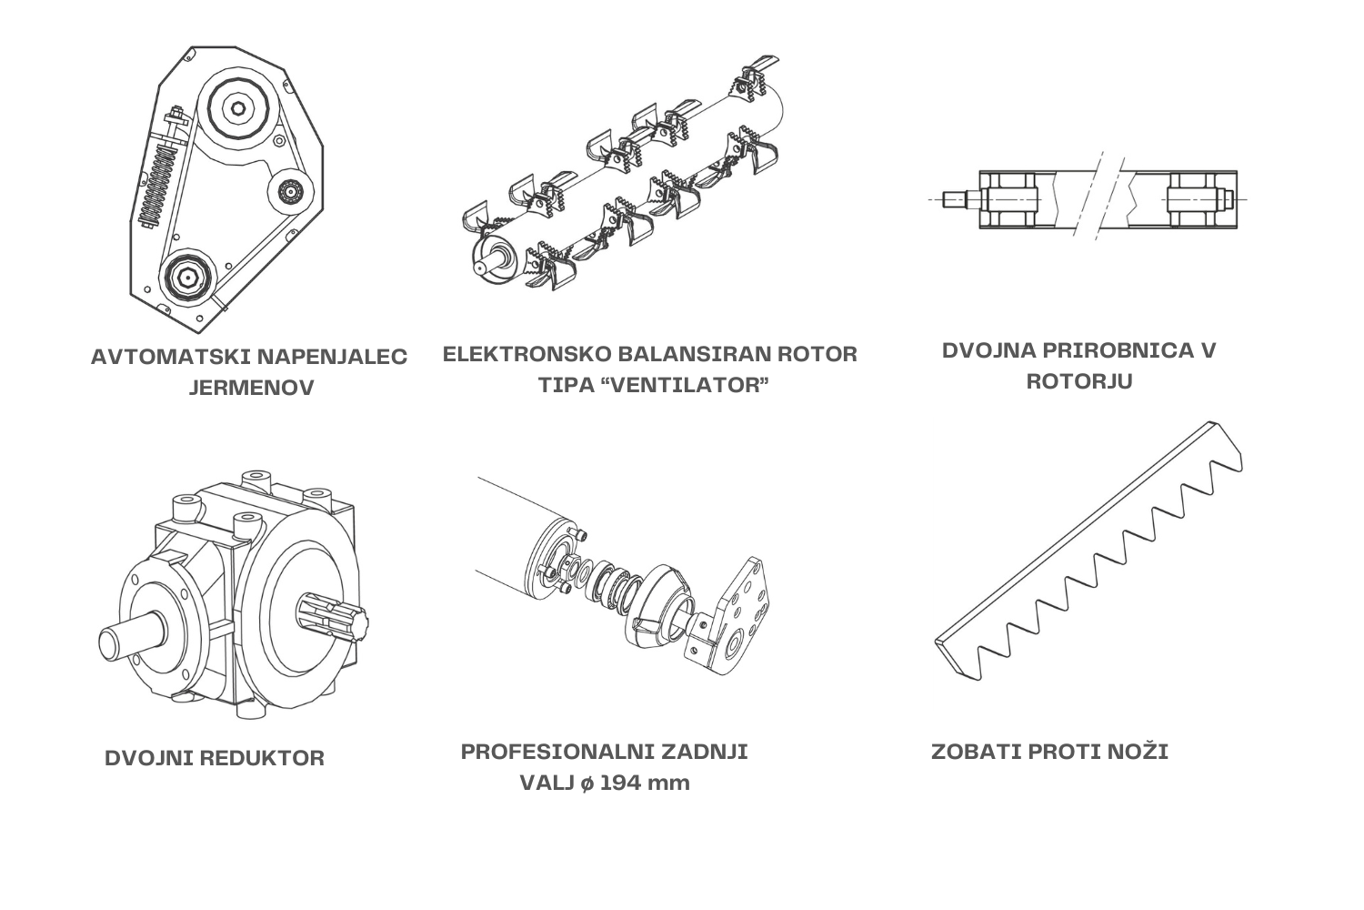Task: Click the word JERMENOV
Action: click(251, 388)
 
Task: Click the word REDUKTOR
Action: click(261, 758)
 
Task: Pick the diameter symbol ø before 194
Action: click(587, 784)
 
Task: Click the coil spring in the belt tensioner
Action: click(157, 186)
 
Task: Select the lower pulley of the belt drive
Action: click(187, 278)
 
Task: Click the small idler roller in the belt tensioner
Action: click(290, 191)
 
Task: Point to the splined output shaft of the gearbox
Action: click(333, 620)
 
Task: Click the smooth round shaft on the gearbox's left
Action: click(132, 638)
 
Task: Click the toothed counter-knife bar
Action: click(1088, 551)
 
